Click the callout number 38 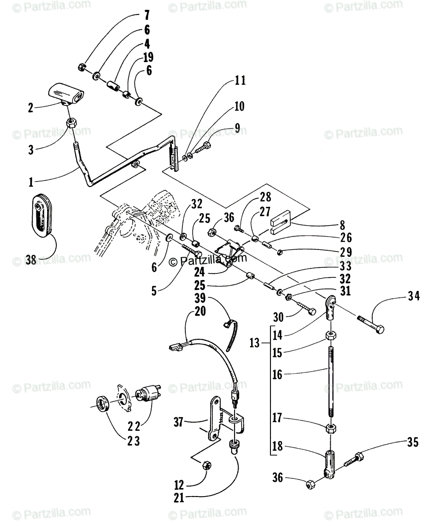point(31,259)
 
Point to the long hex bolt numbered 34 point(371,324)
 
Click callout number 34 point(414,297)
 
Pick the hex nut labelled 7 point(81,67)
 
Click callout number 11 point(240,80)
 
